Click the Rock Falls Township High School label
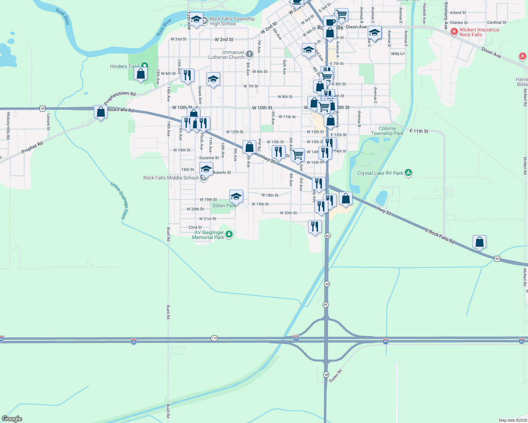click(232, 21)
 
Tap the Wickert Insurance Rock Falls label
click(479, 32)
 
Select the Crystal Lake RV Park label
click(380, 173)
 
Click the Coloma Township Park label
click(387, 131)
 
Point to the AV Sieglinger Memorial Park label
click(209, 235)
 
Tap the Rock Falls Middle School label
click(171, 178)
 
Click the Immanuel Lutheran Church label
click(226, 55)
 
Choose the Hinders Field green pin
click(144, 65)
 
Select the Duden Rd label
click(335, 376)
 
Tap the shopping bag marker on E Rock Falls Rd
click(479, 242)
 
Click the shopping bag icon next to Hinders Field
click(140, 74)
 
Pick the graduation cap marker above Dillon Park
click(236, 196)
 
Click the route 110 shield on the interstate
click(214, 338)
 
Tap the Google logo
click(12, 418)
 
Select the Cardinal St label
click(497, 22)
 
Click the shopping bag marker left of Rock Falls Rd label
click(101, 112)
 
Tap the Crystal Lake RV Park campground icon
click(408, 172)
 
